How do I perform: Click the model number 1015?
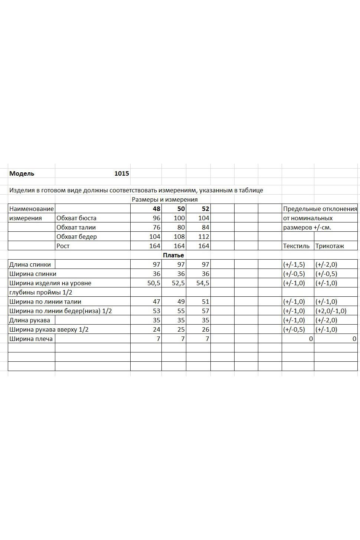coord(121,173)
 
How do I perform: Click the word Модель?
coord(22,173)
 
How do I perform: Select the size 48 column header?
coord(156,209)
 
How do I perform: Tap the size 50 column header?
coord(181,209)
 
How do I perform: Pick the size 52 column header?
coord(205,209)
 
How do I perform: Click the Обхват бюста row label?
coord(76,218)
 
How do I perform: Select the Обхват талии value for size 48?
coord(156,227)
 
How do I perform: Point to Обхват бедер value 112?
coord(204,237)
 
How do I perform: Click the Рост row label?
coord(63,246)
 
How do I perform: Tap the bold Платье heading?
coord(173,255)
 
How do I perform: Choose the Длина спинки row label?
coord(30,264)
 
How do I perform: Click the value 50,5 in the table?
coord(154,283)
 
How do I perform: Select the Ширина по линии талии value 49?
coord(181,302)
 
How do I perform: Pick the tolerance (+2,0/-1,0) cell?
coord(331,311)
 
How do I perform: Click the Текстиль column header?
coord(296,246)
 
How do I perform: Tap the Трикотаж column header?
coord(330,246)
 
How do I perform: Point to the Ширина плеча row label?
coord(31,339)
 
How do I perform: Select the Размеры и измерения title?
coord(164,199)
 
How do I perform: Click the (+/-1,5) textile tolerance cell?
coord(294,264)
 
